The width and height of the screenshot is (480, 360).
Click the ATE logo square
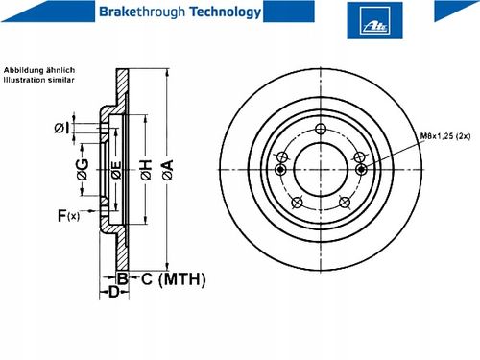tap(374, 20)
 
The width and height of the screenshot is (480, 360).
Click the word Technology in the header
tap(226, 12)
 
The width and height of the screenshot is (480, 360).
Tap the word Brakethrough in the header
tap(142, 12)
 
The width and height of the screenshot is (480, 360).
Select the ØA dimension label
tap(168, 170)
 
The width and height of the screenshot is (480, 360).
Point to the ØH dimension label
tap(146, 170)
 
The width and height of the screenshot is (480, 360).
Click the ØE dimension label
tap(116, 170)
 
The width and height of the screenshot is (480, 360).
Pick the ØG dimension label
tap(83, 169)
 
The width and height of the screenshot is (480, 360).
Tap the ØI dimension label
tap(61, 129)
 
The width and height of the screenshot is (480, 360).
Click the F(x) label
tap(68, 216)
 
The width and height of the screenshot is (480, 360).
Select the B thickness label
tap(122, 278)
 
